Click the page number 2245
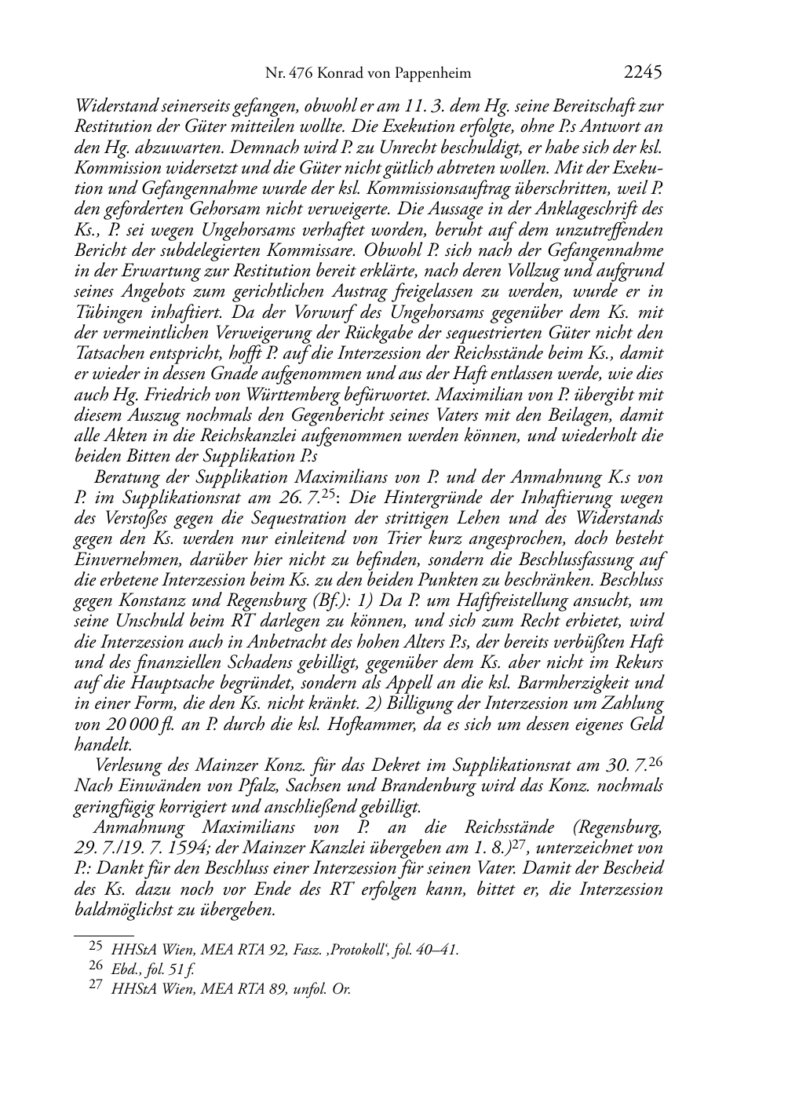coord(643,73)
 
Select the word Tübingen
coord(104,312)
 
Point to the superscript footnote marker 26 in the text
coord(657,761)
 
